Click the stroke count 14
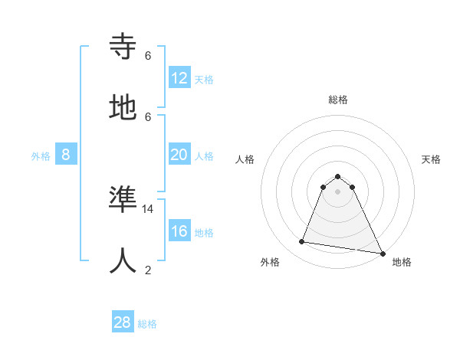148,208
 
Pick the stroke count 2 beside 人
148,270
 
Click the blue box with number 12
179,78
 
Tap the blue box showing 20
179,155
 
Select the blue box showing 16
179,231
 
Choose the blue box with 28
123,322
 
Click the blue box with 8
66,155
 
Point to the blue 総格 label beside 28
147,324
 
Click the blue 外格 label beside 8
41,156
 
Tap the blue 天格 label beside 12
204,80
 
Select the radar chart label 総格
337,100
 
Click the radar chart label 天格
432,159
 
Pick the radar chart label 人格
245,159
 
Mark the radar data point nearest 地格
382,252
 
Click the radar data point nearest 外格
301,242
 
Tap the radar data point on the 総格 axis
337,176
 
